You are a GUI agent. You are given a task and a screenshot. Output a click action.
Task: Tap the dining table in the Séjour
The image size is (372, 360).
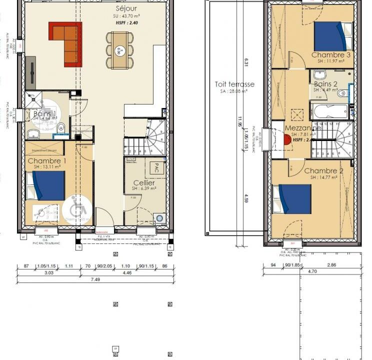coord(120,50)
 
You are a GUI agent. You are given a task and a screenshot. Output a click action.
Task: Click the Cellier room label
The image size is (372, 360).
coord(143,182)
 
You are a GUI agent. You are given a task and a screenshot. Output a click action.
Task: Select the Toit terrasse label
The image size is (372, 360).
coord(234,84)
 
